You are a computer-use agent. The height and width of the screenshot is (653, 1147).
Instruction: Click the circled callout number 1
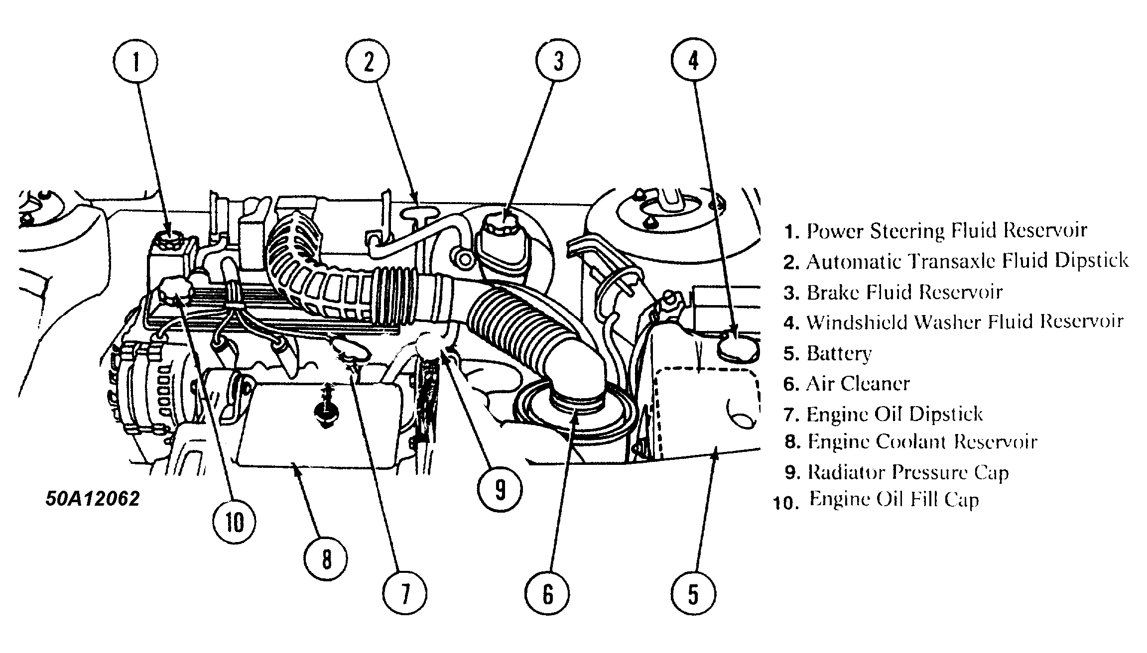(135, 62)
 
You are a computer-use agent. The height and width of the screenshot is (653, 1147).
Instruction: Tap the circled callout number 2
(368, 62)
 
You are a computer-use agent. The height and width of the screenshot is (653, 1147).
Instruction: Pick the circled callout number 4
(693, 61)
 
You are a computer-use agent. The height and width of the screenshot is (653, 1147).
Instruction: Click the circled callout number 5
(693, 594)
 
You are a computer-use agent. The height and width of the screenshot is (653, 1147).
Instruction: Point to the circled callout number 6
(547, 594)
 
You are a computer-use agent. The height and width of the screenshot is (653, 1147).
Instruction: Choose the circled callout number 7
(404, 594)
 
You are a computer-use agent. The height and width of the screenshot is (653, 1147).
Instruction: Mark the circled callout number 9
(500, 489)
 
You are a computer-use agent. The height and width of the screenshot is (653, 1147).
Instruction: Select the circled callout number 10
(235, 522)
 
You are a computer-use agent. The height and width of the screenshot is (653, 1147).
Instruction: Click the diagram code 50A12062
(93, 498)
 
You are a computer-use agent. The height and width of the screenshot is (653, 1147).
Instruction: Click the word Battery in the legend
(839, 353)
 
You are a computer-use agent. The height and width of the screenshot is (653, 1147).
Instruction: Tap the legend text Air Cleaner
(858, 384)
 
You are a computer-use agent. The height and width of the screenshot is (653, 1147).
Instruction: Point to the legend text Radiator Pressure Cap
(907, 472)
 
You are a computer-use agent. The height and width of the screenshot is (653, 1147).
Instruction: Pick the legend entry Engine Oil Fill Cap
(893, 499)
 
